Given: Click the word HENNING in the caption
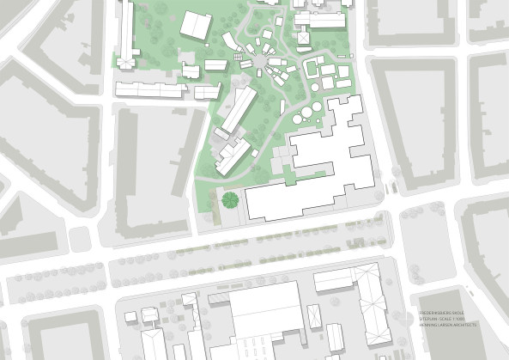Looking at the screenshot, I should (427, 324).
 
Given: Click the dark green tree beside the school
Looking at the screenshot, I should (229, 200).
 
